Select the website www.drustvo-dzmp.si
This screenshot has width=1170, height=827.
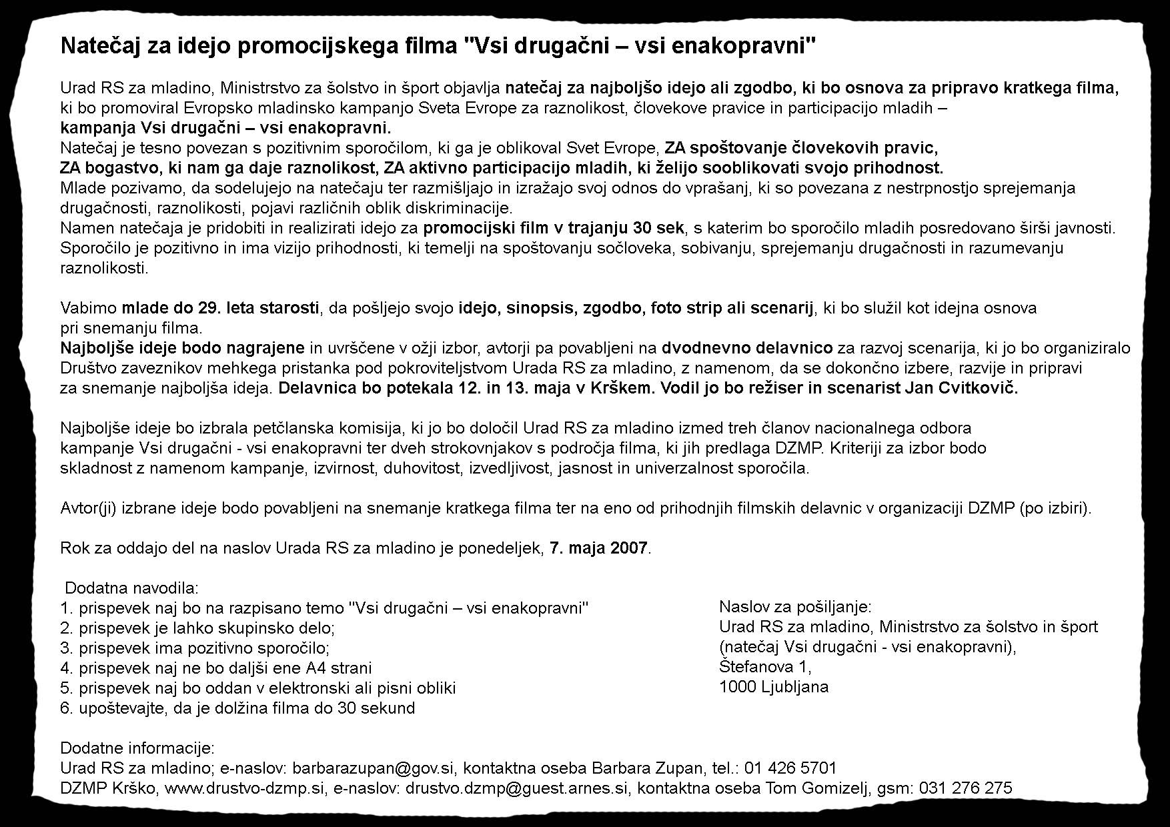(x=244, y=788)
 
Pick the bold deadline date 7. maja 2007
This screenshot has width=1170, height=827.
(x=598, y=548)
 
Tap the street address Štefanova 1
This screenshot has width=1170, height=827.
(x=764, y=666)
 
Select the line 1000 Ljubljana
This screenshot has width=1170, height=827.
(x=774, y=686)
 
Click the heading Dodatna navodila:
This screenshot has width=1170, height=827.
(x=131, y=588)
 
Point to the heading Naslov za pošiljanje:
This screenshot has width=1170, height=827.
(x=795, y=606)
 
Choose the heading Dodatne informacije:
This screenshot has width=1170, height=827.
(x=137, y=748)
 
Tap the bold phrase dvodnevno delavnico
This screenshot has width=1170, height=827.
(x=747, y=348)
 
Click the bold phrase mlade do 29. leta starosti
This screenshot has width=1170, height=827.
(x=220, y=308)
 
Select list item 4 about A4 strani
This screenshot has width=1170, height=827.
(x=215, y=668)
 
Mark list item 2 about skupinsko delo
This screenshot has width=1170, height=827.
(x=197, y=628)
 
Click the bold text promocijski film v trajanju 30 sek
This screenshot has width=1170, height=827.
(x=554, y=228)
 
